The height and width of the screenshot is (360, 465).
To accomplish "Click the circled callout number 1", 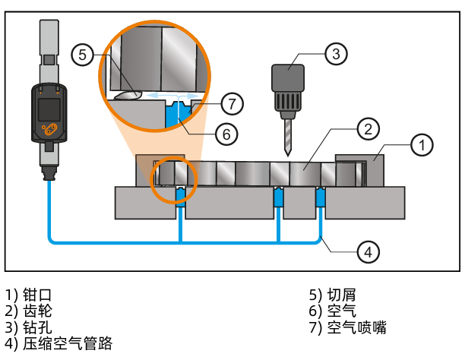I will tap(422, 143).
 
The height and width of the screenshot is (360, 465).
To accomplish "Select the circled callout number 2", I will tap(368, 128).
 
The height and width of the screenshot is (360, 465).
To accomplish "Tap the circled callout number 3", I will tap(336, 54).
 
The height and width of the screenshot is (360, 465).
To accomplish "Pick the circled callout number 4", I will tap(368, 251).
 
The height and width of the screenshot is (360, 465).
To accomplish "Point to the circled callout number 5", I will tap(82, 54).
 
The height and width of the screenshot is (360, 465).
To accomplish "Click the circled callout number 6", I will tap(226, 134).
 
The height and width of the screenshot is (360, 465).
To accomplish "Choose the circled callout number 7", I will tap(233, 101).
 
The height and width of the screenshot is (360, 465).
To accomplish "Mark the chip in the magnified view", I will tap(128, 95).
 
